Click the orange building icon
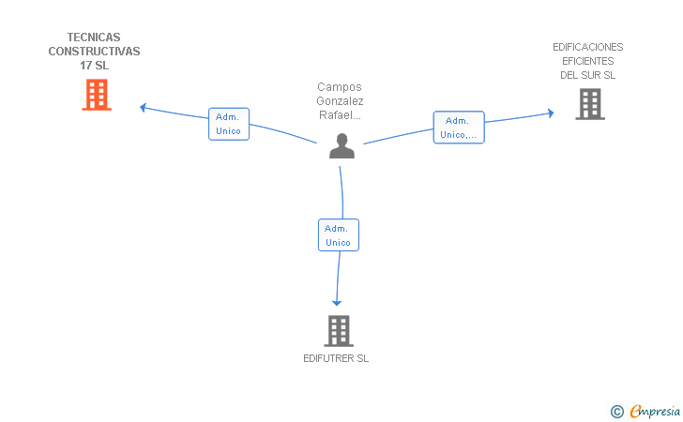tap(97, 95)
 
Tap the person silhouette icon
tap(341, 146)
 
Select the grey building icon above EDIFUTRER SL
tap(339, 330)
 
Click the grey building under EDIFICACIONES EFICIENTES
tap(590, 104)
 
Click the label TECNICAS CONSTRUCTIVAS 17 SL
tap(94, 52)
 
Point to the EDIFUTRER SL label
tap(336, 358)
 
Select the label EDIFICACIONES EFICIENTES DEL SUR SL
tap(587, 61)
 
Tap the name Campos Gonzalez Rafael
tap(340, 101)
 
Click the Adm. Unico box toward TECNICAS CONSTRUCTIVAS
tap(229, 124)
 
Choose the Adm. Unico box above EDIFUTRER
tap(339, 235)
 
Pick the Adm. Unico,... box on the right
tap(459, 128)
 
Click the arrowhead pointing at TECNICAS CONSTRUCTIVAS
tap(143, 108)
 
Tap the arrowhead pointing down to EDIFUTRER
tap(337, 303)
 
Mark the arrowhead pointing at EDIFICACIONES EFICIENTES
tap(551, 113)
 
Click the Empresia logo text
tap(655, 411)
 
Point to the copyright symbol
tap(616, 412)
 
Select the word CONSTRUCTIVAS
tap(94, 52)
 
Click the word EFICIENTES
tap(587, 61)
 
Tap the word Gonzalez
tap(340, 101)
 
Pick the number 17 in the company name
tap(85, 66)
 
